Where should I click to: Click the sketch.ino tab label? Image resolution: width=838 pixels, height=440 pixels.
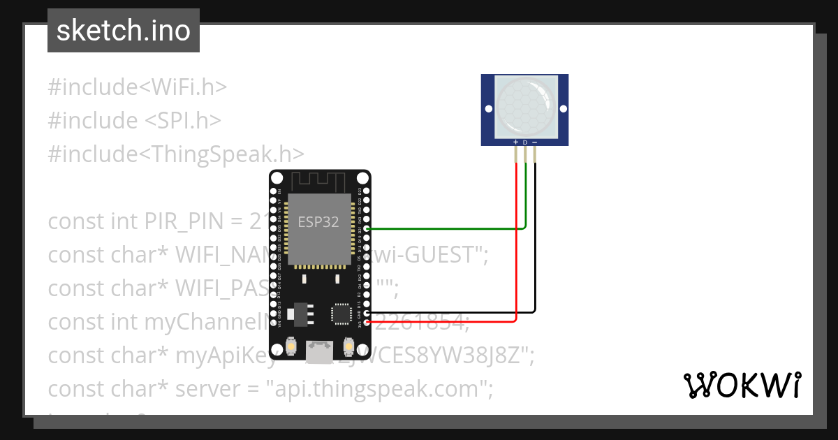pos(123,31)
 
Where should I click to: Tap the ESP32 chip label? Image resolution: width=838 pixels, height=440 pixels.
pos(318,222)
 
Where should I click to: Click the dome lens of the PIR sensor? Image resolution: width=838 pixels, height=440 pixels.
pos(525,107)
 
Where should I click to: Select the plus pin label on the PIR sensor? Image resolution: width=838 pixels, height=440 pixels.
pos(516,142)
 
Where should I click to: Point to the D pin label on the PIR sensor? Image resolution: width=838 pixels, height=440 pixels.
pos(525,142)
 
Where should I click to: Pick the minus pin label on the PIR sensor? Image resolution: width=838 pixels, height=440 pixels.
pos(535,142)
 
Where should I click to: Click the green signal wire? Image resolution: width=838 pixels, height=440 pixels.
pos(447,228)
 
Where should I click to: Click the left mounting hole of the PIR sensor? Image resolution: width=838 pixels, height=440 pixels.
pos(489,109)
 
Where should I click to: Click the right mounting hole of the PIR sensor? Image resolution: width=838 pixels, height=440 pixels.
pos(562,109)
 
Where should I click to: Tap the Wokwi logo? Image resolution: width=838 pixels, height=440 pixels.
pos(742,385)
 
